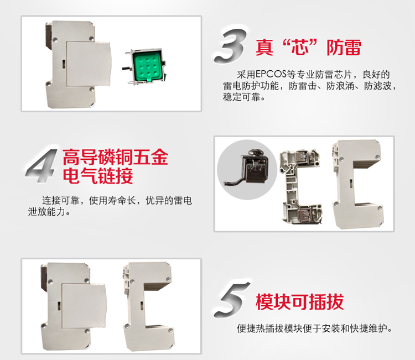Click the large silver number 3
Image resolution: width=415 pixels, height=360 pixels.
[x=231, y=45]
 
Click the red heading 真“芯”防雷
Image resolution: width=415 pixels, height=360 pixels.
[x=308, y=48]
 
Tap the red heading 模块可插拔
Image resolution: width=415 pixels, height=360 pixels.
[x=299, y=302]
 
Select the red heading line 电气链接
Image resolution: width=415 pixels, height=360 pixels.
[x=98, y=176]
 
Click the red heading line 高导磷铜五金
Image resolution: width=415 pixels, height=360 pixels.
[x=116, y=157]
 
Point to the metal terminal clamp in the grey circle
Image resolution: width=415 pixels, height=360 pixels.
[x=248, y=169]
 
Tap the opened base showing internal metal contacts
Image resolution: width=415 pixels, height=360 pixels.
[x=301, y=186]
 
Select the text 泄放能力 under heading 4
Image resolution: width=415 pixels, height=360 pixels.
[x=46, y=212]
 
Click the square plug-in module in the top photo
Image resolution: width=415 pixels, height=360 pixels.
[x=89, y=64]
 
